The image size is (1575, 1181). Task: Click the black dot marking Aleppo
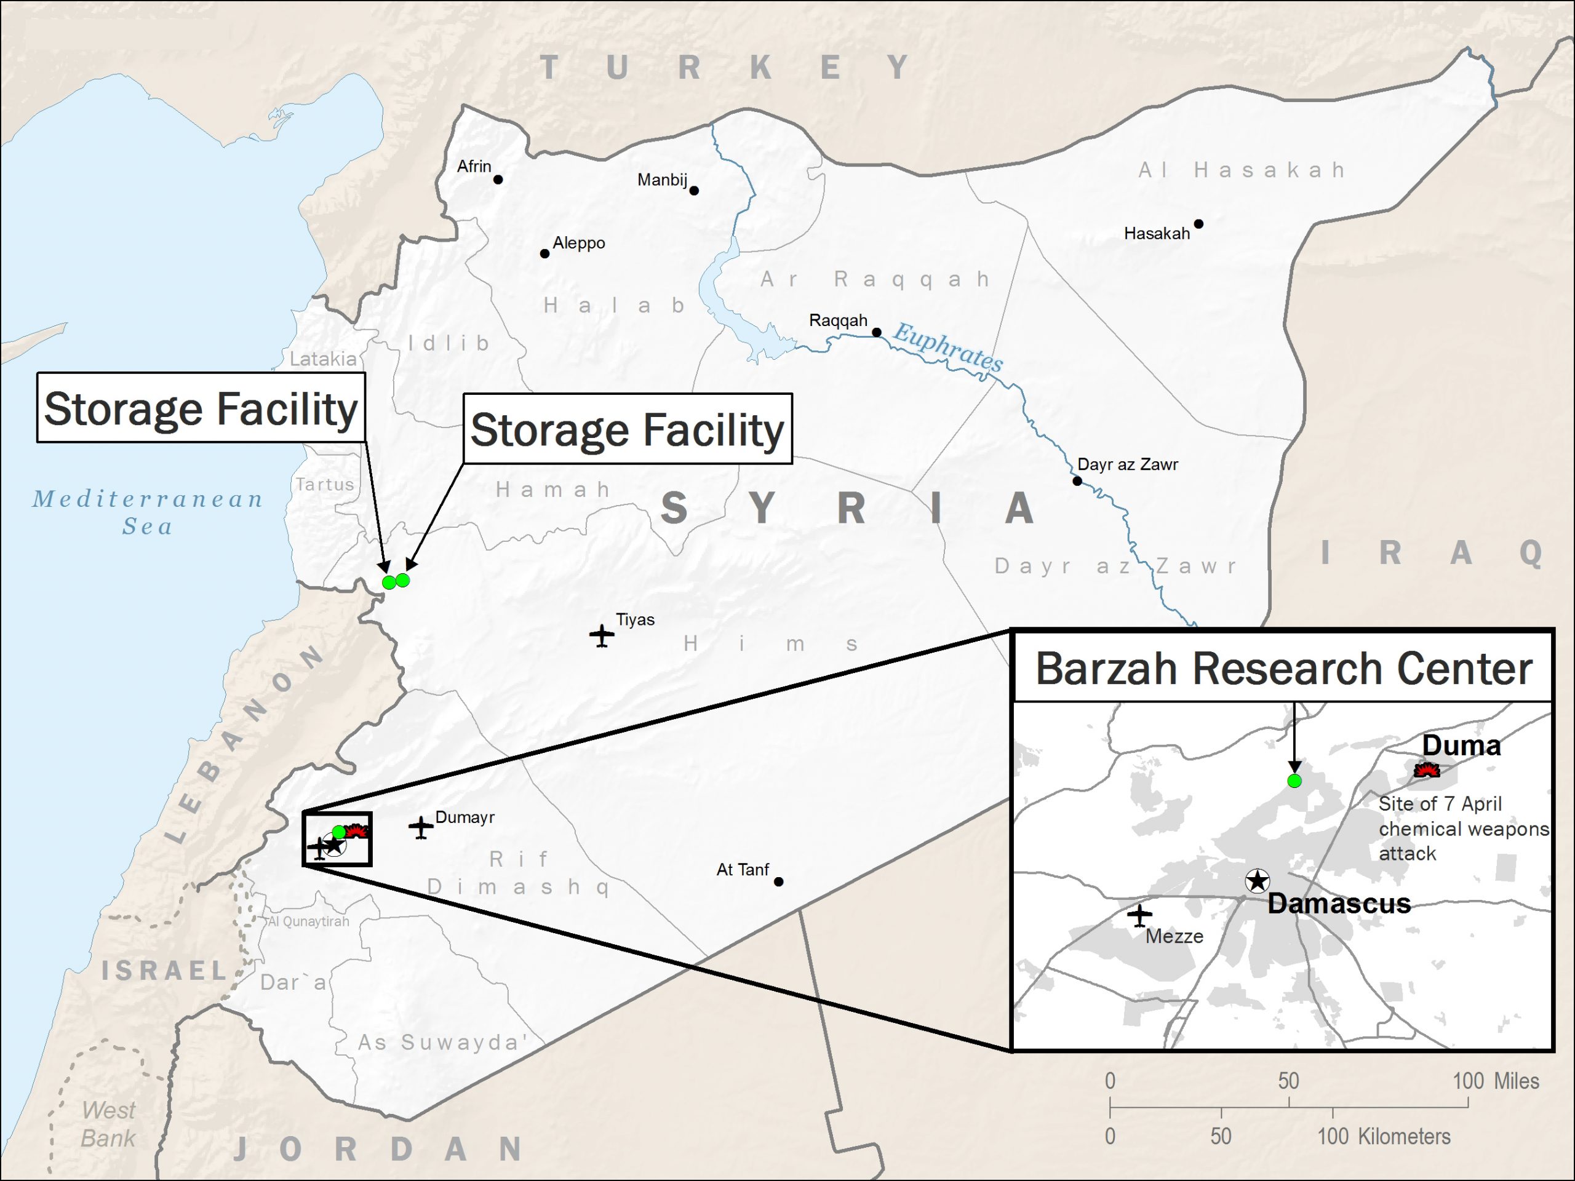[544, 253]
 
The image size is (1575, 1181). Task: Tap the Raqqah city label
[837, 320]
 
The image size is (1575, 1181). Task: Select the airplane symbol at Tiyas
[602, 635]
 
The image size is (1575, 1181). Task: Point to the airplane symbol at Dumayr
[421, 827]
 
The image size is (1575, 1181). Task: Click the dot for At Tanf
[778, 881]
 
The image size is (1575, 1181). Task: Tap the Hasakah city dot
[1198, 223]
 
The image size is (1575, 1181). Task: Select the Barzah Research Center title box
[1282, 668]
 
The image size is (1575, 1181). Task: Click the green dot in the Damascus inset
[1294, 781]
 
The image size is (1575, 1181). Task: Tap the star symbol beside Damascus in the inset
[1258, 881]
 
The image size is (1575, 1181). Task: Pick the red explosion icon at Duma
[1426, 770]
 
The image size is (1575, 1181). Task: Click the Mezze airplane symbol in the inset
[1139, 915]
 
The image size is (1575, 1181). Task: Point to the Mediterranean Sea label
[148, 512]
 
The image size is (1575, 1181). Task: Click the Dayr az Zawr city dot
[1077, 481]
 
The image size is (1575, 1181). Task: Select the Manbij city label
[661, 180]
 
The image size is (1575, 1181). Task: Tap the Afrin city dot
[498, 180]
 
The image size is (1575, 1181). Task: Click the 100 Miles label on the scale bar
[1495, 1081]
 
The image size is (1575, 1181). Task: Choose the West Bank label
[108, 1124]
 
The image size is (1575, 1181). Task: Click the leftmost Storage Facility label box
[201, 408]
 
